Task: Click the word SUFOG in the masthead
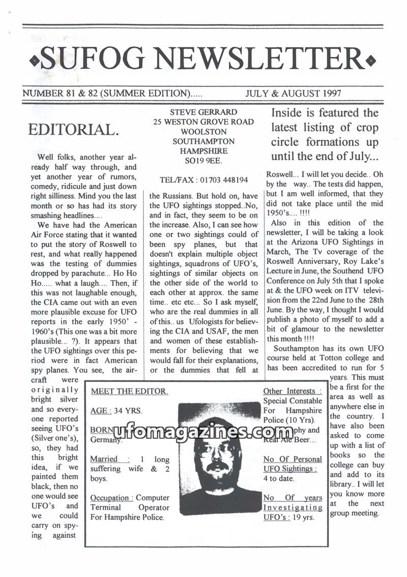coord(92,59)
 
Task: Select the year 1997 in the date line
coord(329,94)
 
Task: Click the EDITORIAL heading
coord(73,129)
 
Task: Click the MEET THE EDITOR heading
coord(129,391)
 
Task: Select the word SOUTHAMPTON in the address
coord(203,141)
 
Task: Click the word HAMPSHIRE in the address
coord(203,151)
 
